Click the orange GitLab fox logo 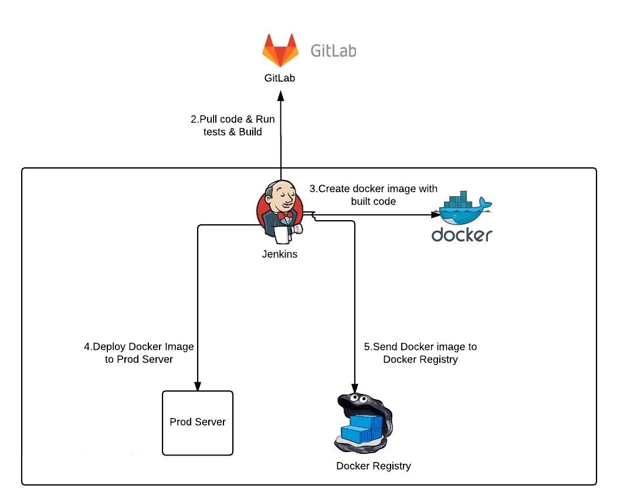(280, 50)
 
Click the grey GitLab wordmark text (333, 51)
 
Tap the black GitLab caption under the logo (279, 78)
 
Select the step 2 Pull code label (233, 126)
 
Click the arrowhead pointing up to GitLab (281, 95)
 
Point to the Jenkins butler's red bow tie (285, 215)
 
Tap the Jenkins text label (280, 254)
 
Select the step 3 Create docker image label (374, 195)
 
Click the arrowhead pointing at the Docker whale (436, 215)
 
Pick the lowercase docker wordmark (462, 235)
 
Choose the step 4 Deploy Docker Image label (139, 353)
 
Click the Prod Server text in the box (198, 422)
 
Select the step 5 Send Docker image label (421, 353)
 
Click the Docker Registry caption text (374, 466)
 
